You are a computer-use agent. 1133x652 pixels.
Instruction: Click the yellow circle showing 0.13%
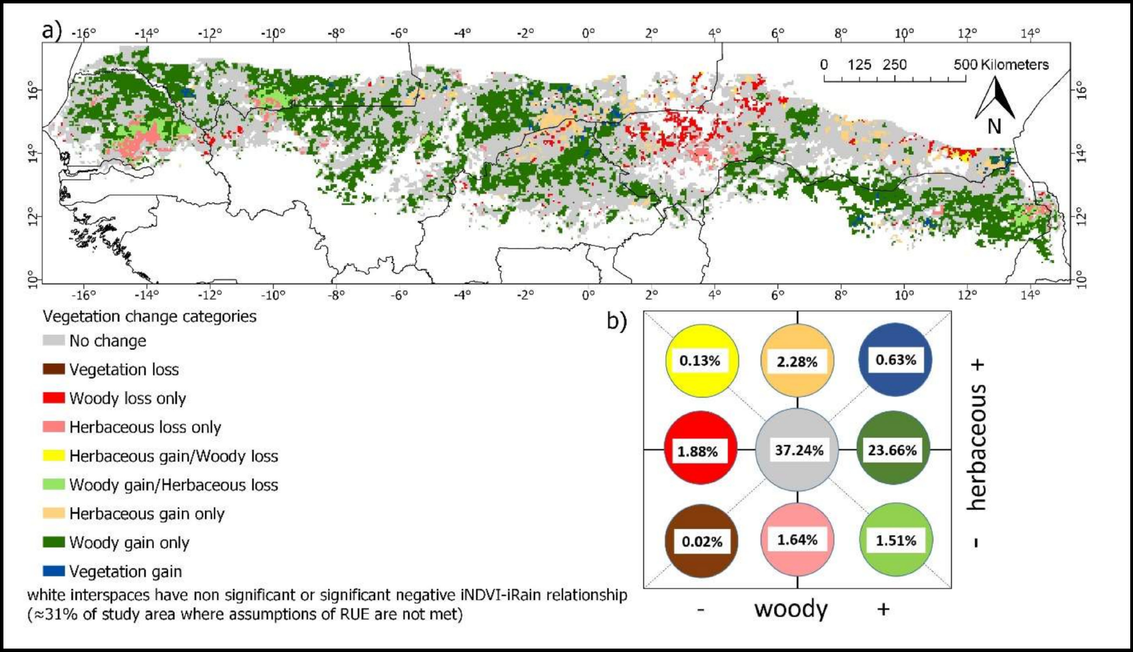pyautogui.click(x=702, y=360)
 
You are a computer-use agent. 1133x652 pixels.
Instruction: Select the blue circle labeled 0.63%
pyautogui.click(x=895, y=360)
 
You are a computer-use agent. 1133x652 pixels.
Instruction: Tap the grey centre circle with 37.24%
pyautogui.click(x=797, y=450)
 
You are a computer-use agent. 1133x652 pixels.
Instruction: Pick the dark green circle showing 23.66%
pyautogui.click(x=893, y=450)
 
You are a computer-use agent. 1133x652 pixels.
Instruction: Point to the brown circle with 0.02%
pyautogui.click(x=702, y=541)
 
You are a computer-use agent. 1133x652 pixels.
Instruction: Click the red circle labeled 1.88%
pyautogui.click(x=700, y=451)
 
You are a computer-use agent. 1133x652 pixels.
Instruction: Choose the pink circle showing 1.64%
pyautogui.click(x=797, y=540)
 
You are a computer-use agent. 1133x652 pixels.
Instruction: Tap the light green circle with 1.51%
pyautogui.click(x=896, y=540)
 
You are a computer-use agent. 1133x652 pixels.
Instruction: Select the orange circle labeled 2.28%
pyautogui.click(x=797, y=361)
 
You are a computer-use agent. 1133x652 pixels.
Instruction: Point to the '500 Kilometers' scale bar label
pyautogui.click(x=1001, y=65)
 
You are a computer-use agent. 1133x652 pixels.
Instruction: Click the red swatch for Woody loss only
pyautogui.click(x=53, y=398)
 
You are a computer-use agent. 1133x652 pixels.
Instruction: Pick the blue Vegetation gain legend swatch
pyautogui.click(x=53, y=571)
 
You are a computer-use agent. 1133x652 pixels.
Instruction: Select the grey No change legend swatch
pyautogui.click(x=53, y=340)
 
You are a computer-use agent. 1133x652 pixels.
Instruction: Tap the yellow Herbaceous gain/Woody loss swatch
pyautogui.click(x=53, y=456)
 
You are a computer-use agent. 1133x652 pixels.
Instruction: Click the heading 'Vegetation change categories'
pyautogui.click(x=150, y=316)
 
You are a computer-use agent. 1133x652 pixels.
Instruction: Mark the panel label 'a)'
pyautogui.click(x=52, y=31)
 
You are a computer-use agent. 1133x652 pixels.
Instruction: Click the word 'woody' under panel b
pyautogui.click(x=791, y=608)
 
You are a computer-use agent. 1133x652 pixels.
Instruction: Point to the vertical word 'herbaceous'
pyautogui.click(x=977, y=447)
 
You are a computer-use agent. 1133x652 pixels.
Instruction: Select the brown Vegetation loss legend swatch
pyautogui.click(x=53, y=369)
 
